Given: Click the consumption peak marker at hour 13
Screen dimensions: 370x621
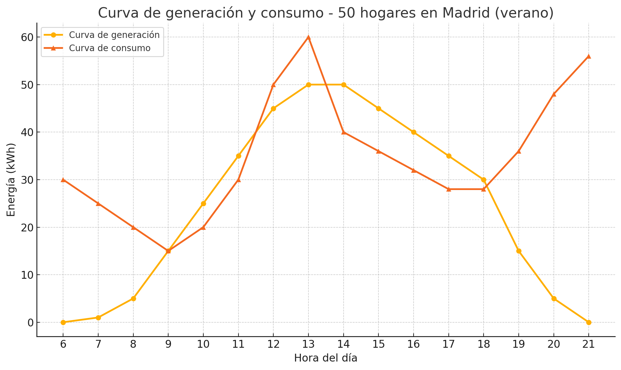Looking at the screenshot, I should tap(308, 37).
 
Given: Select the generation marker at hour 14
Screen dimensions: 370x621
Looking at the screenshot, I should tap(344, 85).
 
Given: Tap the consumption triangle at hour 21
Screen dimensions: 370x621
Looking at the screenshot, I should tap(589, 56).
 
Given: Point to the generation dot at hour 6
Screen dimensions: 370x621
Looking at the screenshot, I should tap(63, 322).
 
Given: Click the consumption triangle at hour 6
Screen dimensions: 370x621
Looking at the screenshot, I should tap(63, 180).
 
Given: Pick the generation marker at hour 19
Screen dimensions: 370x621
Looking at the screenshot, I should tap(519, 251).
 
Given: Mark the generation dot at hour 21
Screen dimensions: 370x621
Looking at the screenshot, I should tap(589, 322).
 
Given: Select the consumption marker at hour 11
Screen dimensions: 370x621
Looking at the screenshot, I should tap(238, 180).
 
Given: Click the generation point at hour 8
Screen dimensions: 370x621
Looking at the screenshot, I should tap(133, 299).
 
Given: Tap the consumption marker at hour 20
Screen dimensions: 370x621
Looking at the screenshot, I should tap(554, 94).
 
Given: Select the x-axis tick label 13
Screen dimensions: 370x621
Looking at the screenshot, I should tap(308, 345).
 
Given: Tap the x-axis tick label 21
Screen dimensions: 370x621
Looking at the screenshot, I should tap(589, 345).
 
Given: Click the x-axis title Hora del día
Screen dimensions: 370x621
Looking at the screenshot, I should tap(326, 358).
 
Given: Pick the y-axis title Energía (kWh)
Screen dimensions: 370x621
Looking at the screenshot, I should tap(11, 180).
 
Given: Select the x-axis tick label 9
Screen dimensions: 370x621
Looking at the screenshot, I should tap(168, 345).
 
